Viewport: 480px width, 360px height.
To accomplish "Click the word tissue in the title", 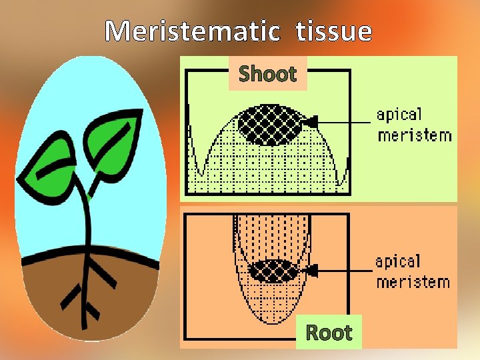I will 331,31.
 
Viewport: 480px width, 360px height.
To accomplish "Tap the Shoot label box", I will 267,73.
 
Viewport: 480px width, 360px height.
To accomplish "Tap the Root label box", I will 328,332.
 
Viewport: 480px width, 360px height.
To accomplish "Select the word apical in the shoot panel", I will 399,114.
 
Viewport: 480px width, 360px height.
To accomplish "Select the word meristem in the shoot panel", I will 414,135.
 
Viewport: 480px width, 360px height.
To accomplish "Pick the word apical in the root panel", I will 398,261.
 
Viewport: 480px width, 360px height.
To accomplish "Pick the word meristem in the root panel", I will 413,281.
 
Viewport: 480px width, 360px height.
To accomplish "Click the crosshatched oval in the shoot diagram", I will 269,125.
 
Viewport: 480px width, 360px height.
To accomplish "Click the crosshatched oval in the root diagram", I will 273,271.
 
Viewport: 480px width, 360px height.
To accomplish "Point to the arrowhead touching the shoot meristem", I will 311,121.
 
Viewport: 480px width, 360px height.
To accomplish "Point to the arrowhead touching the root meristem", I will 311,270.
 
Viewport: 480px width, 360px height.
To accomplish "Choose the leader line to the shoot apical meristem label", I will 343,122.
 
